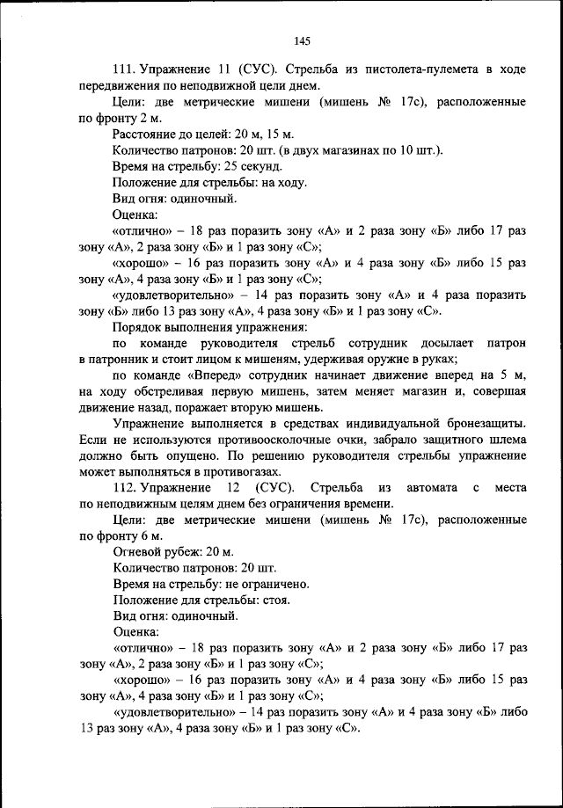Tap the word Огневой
[x=138, y=551]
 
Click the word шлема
[x=507, y=439]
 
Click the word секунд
[x=263, y=165]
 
